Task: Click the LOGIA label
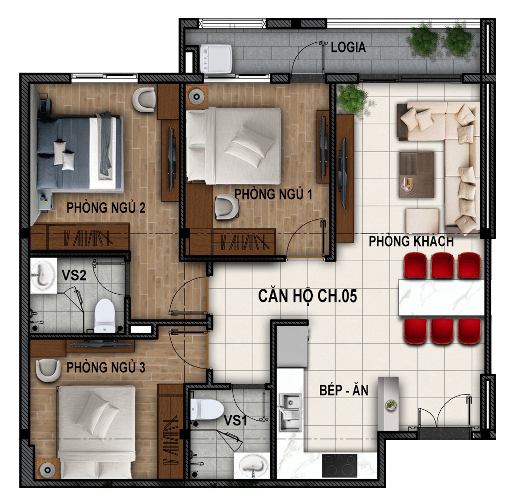348,47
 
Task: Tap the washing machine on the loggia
216,59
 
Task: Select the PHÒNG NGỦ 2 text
106,208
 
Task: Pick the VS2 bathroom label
74,275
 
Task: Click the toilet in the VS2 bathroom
105,316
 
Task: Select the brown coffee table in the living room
416,174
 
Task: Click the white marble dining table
442,297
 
